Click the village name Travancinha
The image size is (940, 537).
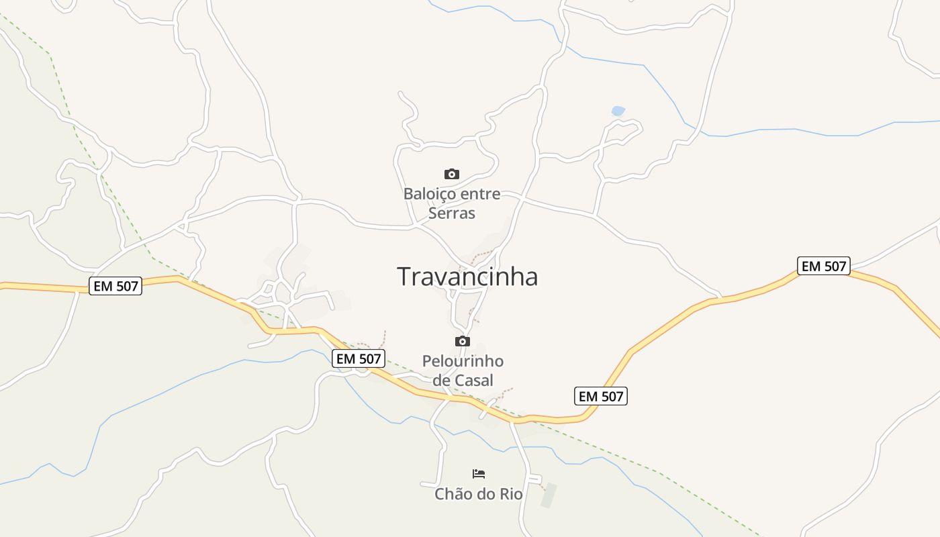point(467,277)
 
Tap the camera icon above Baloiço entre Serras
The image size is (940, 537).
point(452,175)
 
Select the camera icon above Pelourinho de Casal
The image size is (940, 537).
point(463,341)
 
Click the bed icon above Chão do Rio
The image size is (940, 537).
point(479,474)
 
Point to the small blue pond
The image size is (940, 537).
point(618,111)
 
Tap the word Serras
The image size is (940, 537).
point(452,213)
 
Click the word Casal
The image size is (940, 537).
point(474,381)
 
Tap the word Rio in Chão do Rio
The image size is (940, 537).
point(510,494)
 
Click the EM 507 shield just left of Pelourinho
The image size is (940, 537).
point(359,359)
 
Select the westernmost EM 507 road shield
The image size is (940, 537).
point(115,287)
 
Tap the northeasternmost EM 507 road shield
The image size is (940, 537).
point(824,266)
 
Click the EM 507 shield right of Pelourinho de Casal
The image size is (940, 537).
point(601,397)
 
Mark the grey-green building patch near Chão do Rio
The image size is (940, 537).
point(549,495)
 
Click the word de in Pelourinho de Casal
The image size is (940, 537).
point(441,381)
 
